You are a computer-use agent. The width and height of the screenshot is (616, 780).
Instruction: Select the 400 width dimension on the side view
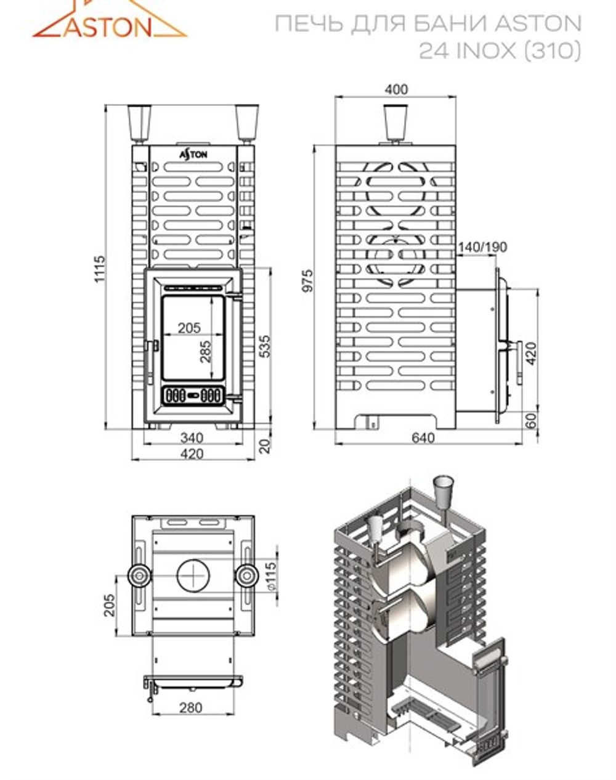pos(395,90)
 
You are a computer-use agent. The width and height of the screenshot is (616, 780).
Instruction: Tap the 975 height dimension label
pos(307,280)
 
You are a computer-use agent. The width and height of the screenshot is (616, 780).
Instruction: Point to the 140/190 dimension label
pos(482,248)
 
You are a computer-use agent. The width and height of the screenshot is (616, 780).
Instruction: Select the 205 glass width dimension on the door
pos(189,328)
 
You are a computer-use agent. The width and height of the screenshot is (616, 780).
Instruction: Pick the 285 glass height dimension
pos(205,351)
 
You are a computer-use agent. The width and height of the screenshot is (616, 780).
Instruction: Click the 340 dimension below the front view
pos(192,438)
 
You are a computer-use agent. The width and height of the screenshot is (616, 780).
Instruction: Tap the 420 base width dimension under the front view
pos(192,455)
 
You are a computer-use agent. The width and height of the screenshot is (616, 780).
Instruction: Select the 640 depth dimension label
pos(423,438)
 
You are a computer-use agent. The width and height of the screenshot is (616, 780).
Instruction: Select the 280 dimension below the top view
pos(190,707)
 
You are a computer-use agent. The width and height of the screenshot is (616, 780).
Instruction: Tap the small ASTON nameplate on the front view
pos(193,155)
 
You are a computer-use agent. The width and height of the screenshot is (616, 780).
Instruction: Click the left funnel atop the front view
pos(140,123)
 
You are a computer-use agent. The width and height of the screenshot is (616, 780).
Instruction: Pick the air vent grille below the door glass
pos(193,395)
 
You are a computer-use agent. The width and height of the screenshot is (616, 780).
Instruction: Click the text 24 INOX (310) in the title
pos(500,51)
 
